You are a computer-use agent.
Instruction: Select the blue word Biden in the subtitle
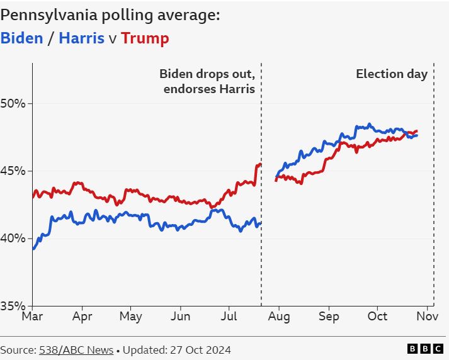click(22, 38)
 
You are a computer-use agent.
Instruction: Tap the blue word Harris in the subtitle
click(81, 38)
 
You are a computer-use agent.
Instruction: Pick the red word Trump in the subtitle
click(145, 38)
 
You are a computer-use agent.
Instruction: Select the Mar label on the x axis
click(32, 317)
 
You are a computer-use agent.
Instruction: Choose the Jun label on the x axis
click(181, 317)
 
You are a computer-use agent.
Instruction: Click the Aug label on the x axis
click(279, 317)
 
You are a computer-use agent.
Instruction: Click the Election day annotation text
click(392, 74)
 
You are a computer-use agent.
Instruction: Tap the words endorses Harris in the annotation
click(209, 89)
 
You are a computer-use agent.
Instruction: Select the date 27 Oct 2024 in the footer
click(195, 349)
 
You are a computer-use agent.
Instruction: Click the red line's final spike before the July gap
click(258, 165)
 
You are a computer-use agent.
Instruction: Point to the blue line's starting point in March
click(33, 249)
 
